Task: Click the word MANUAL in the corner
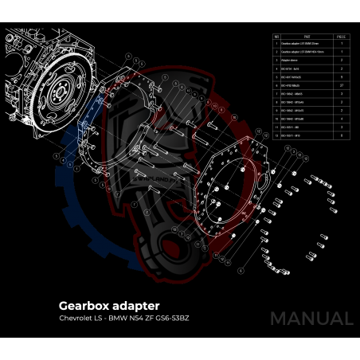[311, 318]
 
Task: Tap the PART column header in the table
[297, 37]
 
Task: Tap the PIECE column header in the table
[342, 37]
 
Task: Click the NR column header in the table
[276, 37]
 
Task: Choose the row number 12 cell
[276, 136]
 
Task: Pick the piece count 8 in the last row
[342, 136]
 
